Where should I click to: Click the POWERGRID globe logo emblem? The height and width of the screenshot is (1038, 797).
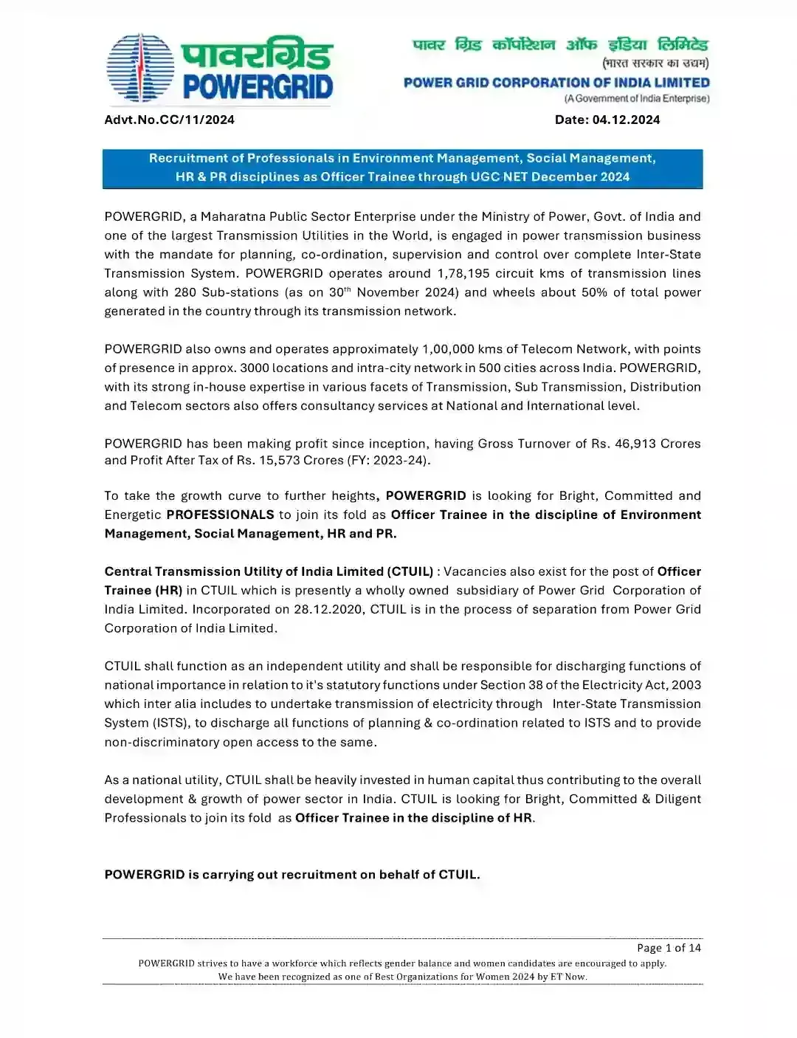(140, 68)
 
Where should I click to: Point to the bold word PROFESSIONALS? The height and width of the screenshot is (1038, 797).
(220, 515)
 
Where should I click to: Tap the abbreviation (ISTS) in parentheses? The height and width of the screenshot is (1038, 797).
(172, 723)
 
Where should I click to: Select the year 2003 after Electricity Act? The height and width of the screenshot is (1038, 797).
(686, 685)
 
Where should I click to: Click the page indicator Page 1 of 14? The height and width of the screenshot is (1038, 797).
(669, 948)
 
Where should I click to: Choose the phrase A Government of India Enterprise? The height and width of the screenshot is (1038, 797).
(636, 98)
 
